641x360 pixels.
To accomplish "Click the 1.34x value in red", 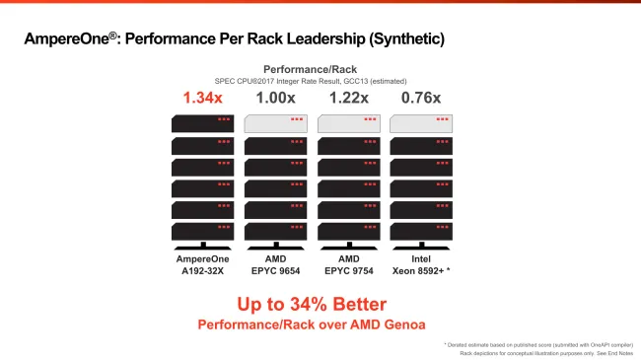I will click(x=202, y=98).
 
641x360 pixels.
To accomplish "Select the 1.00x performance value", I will click(x=275, y=98).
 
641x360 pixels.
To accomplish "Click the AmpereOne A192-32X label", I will click(x=202, y=263).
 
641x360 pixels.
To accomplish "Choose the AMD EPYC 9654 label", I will click(x=275, y=263).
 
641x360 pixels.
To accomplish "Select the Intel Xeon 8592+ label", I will click(x=421, y=263).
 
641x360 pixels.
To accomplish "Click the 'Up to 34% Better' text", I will click(x=312, y=304).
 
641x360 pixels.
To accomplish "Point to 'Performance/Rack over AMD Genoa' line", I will click(x=312, y=324).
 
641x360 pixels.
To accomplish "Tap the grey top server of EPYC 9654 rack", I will click(x=275, y=123).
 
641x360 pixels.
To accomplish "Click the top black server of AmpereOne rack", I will click(x=202, y=123).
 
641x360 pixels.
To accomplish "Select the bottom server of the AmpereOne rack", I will click(x=202, y=232).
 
